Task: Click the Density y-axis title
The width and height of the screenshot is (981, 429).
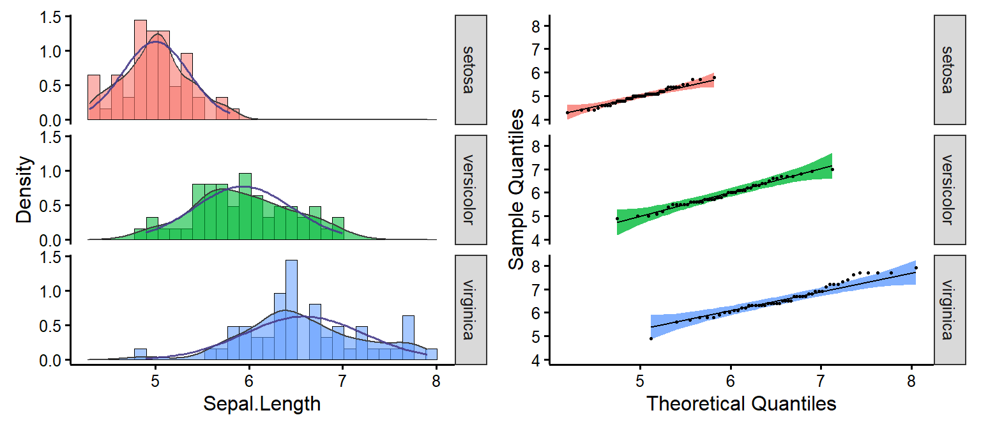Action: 24,190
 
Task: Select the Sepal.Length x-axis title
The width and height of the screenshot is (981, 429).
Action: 262,403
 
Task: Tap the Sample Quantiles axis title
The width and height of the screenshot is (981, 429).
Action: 517,190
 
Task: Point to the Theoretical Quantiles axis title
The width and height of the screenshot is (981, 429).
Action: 741,403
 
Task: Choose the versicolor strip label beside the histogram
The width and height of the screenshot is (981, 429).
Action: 471,190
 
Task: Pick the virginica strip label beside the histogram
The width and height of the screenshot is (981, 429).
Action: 471,310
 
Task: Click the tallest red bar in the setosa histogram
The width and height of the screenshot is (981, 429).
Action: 141,70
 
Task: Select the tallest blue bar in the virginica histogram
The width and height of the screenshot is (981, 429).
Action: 291,310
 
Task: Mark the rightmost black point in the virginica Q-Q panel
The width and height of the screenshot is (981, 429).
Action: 916,268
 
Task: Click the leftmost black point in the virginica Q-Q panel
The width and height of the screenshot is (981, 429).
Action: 651,338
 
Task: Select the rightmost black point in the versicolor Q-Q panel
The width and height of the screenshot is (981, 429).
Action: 832,169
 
